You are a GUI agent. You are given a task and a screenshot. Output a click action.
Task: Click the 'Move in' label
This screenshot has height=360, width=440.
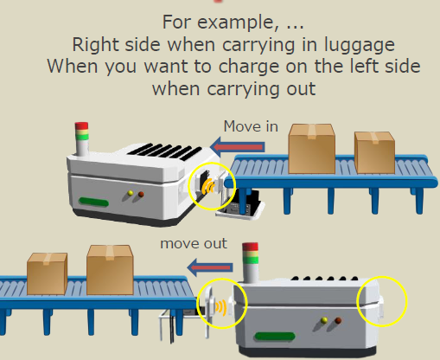(251, 126)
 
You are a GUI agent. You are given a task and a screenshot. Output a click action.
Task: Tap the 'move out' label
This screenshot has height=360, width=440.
(194, 243)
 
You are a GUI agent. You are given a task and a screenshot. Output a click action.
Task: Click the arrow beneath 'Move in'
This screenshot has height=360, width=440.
(238, 147)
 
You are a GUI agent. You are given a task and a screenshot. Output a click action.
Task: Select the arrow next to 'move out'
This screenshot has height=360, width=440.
(210, 267)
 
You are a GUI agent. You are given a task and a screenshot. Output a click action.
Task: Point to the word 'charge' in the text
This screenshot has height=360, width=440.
(249, 67)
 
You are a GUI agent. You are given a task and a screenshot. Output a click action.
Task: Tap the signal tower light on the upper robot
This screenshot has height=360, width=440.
(81, 138)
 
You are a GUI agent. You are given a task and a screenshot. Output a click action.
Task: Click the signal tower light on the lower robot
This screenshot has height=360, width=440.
(250, 262)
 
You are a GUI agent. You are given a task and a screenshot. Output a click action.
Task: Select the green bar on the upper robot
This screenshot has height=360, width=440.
(94, 202)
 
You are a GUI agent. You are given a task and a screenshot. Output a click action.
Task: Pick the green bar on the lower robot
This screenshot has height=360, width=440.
(275, 337)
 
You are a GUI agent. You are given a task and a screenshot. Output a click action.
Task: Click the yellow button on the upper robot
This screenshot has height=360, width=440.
(131, 193)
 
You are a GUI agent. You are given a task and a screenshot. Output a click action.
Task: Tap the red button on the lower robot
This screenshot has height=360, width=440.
(338, 320)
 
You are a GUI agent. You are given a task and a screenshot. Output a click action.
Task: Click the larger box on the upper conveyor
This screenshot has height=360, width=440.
(312, 149)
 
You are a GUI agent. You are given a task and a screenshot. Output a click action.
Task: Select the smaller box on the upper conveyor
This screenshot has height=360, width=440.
(374, 152)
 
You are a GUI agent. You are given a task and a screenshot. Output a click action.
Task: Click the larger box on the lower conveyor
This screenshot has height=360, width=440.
(110, 270)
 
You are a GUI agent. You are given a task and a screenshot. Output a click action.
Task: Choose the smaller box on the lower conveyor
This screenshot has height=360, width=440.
(47, 274)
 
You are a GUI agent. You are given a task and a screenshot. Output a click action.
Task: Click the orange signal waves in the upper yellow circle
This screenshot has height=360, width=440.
(208, 186)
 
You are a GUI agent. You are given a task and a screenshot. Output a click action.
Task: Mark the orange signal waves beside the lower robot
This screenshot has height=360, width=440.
(221, 307)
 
